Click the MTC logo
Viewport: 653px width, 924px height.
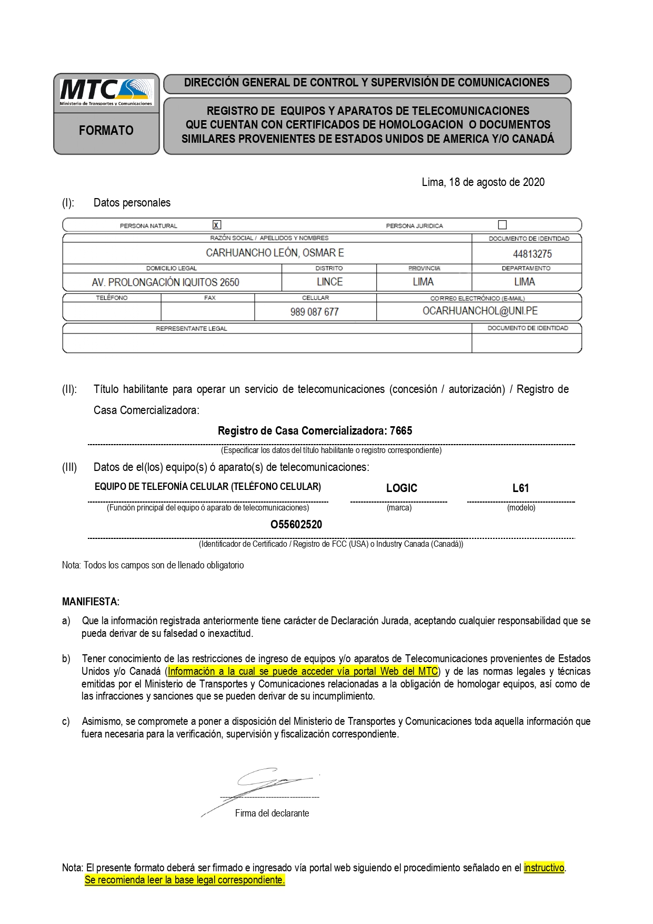click(106, 92)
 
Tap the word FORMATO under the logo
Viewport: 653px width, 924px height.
click(106, 130)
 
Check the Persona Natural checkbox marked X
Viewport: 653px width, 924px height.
click(217, 224)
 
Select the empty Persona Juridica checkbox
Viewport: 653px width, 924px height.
click(503, 224)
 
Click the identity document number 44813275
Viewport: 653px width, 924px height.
click(532, 254)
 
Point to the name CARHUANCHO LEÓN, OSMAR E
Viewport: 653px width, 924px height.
click(275, 253)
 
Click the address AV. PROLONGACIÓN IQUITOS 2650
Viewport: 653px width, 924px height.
click(165, 282)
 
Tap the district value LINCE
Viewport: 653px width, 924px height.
click(329, 282)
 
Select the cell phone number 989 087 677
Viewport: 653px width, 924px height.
click(314, 312)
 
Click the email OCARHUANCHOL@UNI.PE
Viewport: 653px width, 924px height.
click(480, 311)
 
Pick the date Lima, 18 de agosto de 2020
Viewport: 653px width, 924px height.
click(483, 182)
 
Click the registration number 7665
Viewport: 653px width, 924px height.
click(401, 430)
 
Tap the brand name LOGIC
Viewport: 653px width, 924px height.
click(401, 488)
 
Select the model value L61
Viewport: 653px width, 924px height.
click(520, 488)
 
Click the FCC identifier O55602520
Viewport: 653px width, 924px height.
click(296, 524)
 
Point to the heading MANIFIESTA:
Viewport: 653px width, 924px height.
click(91, 602)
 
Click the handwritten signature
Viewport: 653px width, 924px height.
click(260, 788)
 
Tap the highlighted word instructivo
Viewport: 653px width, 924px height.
click(544, 868)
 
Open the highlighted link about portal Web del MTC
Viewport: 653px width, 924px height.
click(303, 671)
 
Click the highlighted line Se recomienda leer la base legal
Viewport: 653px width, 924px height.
click(185, 880)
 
